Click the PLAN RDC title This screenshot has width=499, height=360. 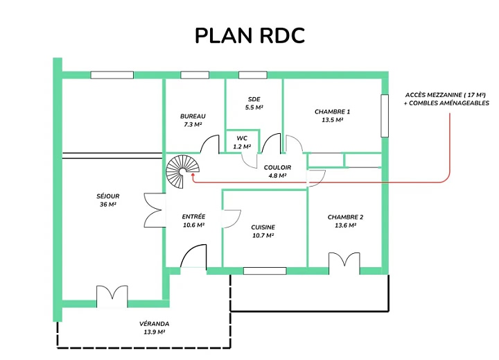click(249, 35)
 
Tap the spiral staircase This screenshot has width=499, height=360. click(183, 171)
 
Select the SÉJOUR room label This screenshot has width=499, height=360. click(108, 196)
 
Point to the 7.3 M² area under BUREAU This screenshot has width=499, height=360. click(193, 125)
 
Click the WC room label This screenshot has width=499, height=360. click(242, 138)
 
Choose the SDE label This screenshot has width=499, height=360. click(254, 99)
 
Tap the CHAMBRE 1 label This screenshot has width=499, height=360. click(332, 112)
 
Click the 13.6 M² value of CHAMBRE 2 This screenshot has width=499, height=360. click(345, 225)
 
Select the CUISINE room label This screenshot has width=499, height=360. click(263, 228)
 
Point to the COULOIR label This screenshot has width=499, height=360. click(277, 168)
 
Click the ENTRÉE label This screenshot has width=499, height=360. click(193, 216)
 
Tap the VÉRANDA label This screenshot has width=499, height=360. click(155, 324)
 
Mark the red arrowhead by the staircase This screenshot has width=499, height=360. click(193, 175)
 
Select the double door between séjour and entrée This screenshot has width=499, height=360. click(155, 210)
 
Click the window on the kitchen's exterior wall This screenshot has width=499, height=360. click(265, 271)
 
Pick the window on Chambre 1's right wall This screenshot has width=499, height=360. click(385, 116)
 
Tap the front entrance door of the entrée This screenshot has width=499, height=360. click(193, 256)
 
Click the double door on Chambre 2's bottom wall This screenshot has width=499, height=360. click(344, 264)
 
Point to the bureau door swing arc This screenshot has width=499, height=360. click(209, 144)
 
